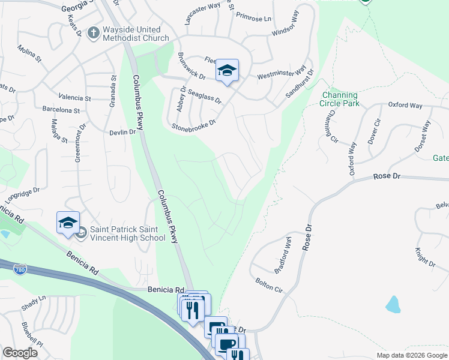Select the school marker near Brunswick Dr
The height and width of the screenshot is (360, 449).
pos(228,71)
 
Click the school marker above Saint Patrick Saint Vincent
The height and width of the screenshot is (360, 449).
pos(68,223)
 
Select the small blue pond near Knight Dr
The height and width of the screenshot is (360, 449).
pos(393,304)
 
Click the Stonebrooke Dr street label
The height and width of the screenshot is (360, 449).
pos(193,124)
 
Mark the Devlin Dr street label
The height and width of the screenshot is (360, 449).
pos(122,132)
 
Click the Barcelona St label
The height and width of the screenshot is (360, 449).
pos(61,110)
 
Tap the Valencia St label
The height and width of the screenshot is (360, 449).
pos(74,97)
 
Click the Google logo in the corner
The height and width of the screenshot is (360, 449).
pos(20,353)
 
